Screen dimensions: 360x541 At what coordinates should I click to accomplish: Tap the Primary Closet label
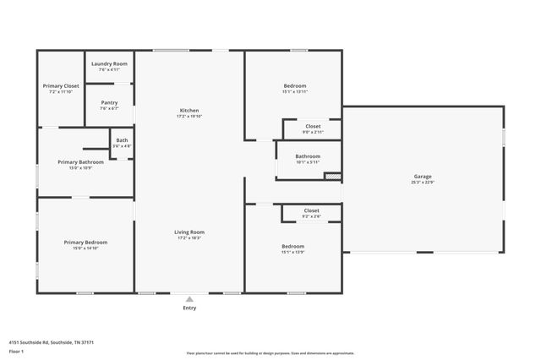[x=61, y=85]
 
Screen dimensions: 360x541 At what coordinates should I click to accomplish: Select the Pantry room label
[x=109, y=102]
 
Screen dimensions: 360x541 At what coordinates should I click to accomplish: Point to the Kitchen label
[x=189, y=110]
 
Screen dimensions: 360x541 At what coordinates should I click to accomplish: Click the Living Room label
[x=189, y=232]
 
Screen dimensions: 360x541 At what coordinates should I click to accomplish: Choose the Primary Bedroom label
[x=85, y=243]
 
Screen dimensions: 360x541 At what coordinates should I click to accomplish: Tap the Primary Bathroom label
[x=80, y=161]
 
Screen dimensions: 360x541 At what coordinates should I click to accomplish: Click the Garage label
[x=422, y=177]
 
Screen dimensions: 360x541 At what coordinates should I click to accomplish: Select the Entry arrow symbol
[x=189, y=298]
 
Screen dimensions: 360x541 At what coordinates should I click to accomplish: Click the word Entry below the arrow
[x=189, y=308]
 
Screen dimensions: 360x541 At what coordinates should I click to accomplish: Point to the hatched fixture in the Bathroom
[x=333, y=177]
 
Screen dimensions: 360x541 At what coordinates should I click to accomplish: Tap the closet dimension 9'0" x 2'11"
[x=313, y=133]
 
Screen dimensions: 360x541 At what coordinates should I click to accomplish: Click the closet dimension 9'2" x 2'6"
[x=311, y=216]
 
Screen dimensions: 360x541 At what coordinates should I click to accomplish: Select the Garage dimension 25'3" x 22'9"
[x=422, y=183]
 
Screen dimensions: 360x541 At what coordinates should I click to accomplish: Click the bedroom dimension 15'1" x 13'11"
[x=294, y=91]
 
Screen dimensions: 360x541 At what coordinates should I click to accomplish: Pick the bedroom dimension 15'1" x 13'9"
[x=293, y=252]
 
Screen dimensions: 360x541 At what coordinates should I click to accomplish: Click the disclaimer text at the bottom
[x=270, y=353]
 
